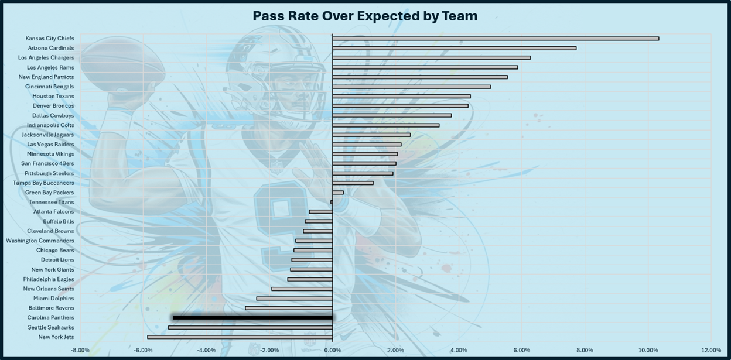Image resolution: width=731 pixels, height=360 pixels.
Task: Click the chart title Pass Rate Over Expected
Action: [365, 16]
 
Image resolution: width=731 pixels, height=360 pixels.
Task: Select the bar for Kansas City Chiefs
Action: [496, 39]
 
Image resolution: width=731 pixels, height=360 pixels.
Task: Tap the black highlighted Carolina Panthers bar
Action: [252, 317]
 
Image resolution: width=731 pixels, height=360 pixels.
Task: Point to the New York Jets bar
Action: [240, 337]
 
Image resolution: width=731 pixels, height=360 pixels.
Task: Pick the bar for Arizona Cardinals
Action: [454, 48]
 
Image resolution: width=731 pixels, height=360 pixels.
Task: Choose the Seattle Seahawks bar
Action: [250, 327]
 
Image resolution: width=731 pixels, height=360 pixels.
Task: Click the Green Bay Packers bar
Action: [338, 192]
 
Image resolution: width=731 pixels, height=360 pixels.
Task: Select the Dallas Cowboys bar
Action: [392, 115]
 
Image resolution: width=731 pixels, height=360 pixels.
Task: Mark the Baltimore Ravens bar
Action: [289, 308]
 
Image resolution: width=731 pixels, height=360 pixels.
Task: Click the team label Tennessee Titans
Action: [52, 202]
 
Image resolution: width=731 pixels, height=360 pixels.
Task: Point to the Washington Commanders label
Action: [40, 241]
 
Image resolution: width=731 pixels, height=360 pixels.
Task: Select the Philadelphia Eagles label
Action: [49, 279]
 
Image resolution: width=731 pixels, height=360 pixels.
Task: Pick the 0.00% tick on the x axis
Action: [332, 350]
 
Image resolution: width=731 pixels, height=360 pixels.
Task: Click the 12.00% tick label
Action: [710, 350]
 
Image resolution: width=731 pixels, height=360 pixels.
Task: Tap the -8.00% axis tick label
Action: [80, 350]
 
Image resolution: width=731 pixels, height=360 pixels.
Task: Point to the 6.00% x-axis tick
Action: [521, 350]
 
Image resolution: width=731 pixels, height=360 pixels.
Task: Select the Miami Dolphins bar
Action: [294, 299]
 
